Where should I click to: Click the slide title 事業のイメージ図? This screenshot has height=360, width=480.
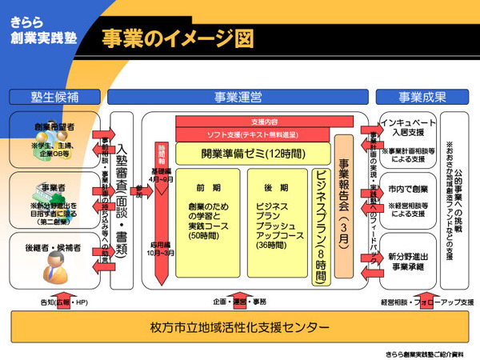pyautogui.click(x=177, y=38)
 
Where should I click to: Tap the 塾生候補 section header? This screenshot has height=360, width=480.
pyautogui.click(x=55, y=97)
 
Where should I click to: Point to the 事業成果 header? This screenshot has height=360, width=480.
pyautogui.click(x=422, y=97)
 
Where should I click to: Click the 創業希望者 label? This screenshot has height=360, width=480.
pyautogui.click(x=55, y=126)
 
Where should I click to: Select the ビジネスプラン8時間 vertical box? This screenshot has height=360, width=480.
pyautogui.click(x=319, y=226)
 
